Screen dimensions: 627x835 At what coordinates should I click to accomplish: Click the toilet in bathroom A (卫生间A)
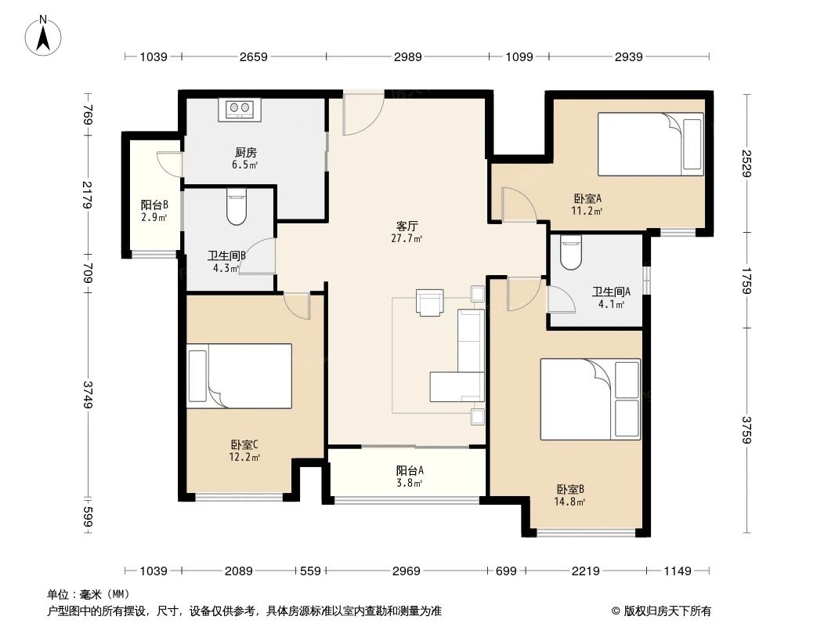[572, 250]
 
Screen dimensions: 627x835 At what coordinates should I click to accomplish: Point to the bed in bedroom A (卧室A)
[650, 143]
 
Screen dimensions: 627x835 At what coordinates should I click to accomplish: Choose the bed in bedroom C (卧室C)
[239, 375]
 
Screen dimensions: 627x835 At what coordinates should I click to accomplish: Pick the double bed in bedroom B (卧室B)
[590, 399]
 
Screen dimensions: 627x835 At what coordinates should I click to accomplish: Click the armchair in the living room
[429, 303]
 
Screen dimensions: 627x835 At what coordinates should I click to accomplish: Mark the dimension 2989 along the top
[408, 56]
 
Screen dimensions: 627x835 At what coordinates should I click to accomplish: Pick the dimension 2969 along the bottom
[407, 571]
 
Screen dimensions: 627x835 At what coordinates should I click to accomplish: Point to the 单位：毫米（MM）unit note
[88, 594]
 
